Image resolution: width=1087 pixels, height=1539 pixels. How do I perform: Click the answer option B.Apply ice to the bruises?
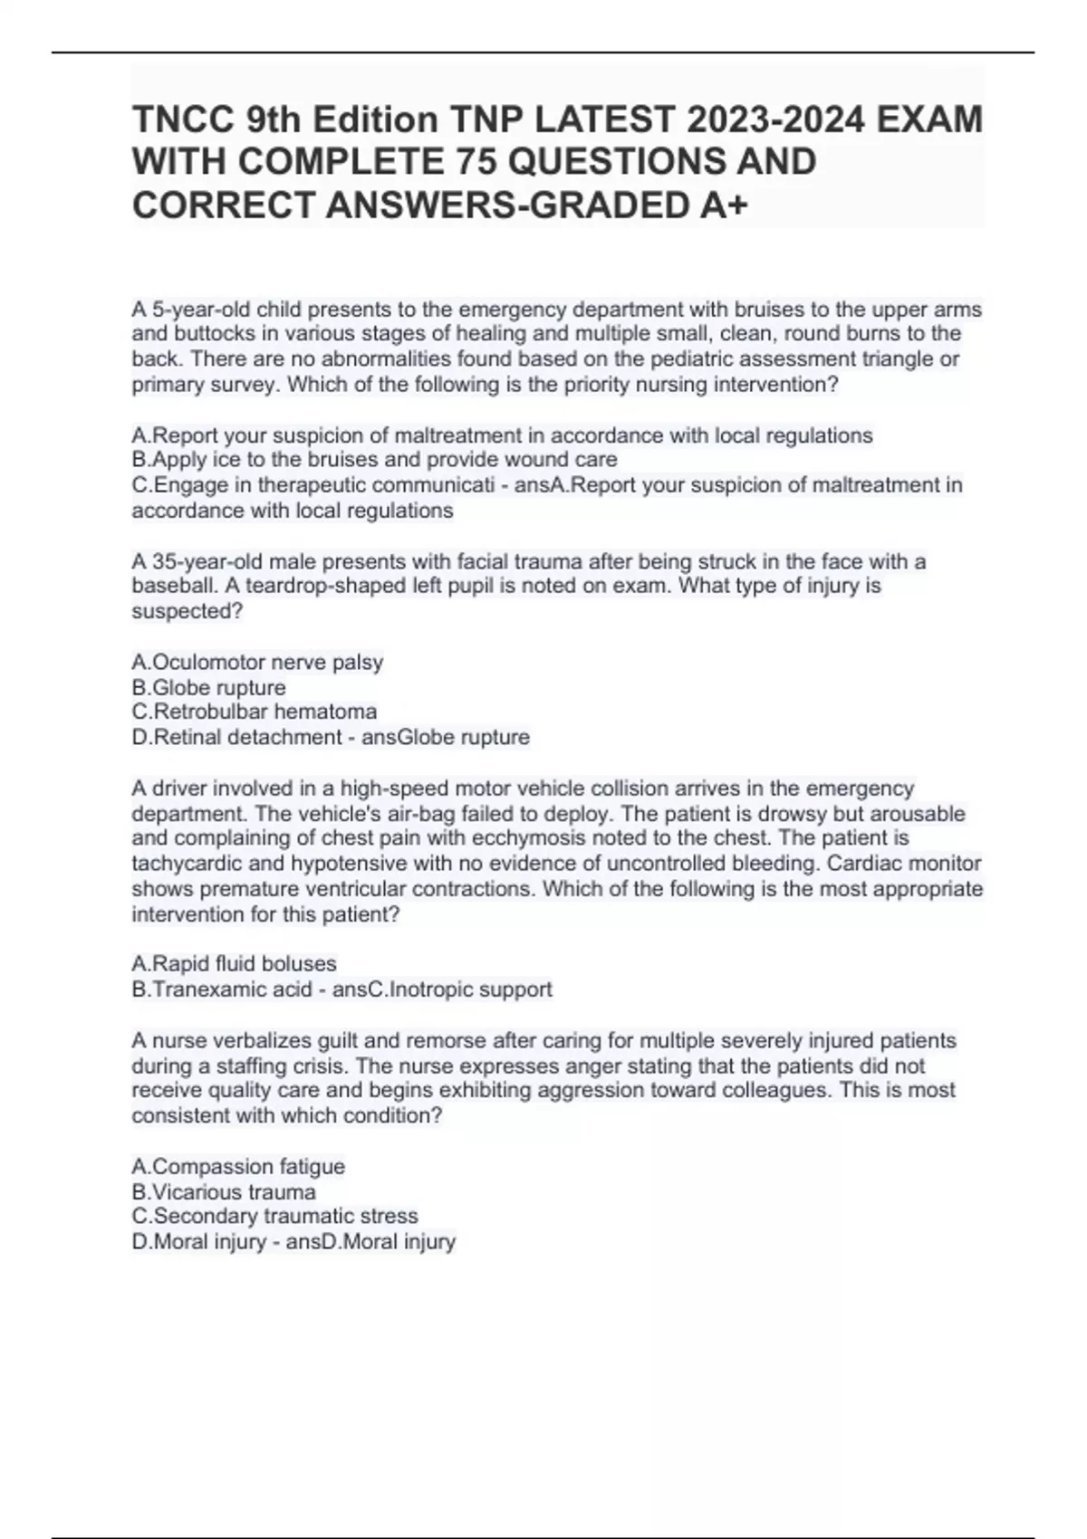[374, 460]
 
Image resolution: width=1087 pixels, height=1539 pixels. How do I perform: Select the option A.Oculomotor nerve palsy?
[257, 662]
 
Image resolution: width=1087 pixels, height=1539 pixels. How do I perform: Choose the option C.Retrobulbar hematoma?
[254, 712]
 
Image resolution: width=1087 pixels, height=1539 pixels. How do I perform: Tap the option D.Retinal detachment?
[236, 737]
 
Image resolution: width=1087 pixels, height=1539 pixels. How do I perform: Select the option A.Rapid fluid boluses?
[234, 963]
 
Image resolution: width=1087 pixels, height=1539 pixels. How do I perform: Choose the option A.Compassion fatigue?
[238, 1166]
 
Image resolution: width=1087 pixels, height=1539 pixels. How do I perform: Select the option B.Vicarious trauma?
[224, 1191]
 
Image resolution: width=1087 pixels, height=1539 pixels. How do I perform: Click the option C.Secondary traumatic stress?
[274, 1216]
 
